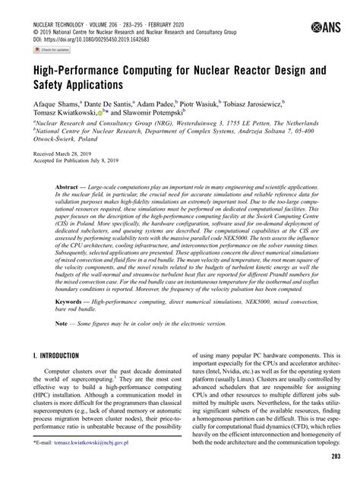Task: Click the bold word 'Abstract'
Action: pos(67,207)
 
